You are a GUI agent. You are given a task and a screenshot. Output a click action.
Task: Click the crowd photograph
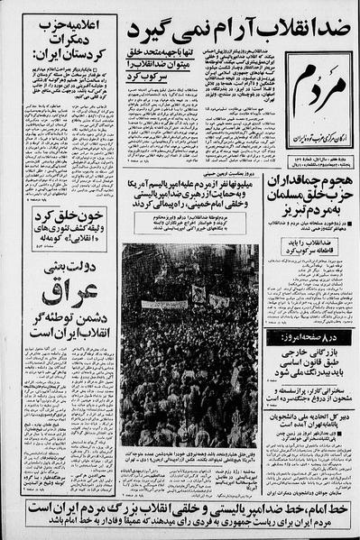pyautogui.click(x=189, y=346)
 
